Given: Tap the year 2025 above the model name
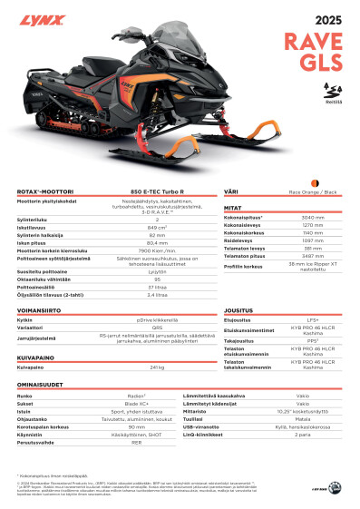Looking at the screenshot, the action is [x=327, y=20].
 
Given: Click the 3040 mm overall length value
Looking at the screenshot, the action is [x=313, y=218].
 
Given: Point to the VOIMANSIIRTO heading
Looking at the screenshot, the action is [x=39, y=310].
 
